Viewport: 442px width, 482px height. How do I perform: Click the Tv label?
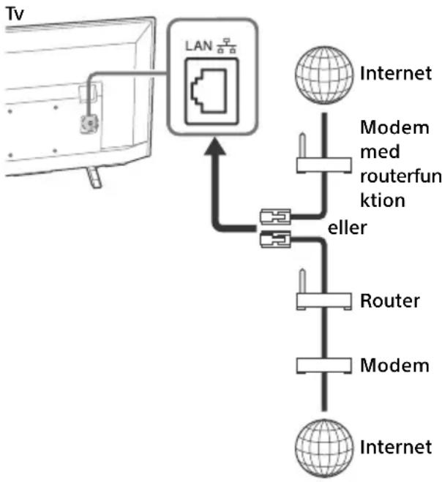point(15,13)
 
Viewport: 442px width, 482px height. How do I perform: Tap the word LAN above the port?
point(199,46)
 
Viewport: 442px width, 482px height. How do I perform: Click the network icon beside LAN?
point(227,46)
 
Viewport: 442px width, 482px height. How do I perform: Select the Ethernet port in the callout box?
point(211,91)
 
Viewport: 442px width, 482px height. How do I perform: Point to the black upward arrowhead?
point(215,146)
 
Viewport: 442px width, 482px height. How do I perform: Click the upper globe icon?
point(324,75)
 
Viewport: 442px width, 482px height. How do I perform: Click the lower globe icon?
point(324,448)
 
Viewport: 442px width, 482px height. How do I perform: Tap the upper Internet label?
point(396,73)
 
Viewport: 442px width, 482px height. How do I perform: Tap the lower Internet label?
point(396,447)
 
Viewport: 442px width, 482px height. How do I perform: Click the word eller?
point(348,227)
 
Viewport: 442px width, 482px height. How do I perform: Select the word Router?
point(390,301)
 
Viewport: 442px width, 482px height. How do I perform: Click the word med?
point(380,152)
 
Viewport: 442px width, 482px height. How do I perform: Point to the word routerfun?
point(401,176)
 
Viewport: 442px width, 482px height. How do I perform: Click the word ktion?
point(383,200)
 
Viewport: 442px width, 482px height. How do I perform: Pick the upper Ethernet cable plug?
point(275,216)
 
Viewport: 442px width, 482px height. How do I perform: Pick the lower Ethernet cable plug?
point(275,239)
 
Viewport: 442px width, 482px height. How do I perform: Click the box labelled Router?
point(324,301)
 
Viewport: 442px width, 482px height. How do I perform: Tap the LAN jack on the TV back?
point(90,124)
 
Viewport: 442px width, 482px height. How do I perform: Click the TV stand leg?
point(94,178)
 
